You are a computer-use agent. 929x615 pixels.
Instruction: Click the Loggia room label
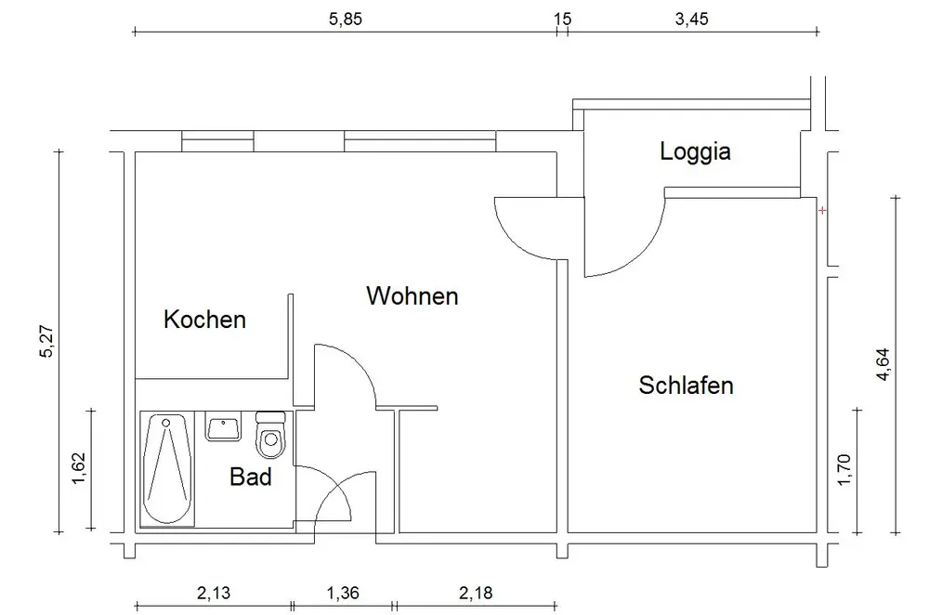pyautogui.click(x=695, y=151)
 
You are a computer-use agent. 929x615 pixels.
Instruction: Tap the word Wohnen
pyautogui.click(x=412, y=296)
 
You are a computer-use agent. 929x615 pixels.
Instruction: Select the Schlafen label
pyautogui.click(x=686, y=385)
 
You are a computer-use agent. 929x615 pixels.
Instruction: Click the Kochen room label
pyautogui.click(x=204, y=320)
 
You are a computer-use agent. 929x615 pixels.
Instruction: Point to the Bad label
pyautogui.click(x=251, y=478)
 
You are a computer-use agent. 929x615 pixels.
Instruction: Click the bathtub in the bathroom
pyautogui.click(x=166, y=469)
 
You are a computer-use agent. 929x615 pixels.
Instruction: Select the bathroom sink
pyautogui.click(x=223, y=429)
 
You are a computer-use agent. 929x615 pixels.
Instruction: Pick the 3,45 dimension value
pyautogui.click(x=691, y=18)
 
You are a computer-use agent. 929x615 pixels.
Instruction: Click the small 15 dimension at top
pyautogui.click(x=561, y=18)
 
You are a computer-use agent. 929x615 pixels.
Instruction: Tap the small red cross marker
pyautogui.click(x=822, y=211)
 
